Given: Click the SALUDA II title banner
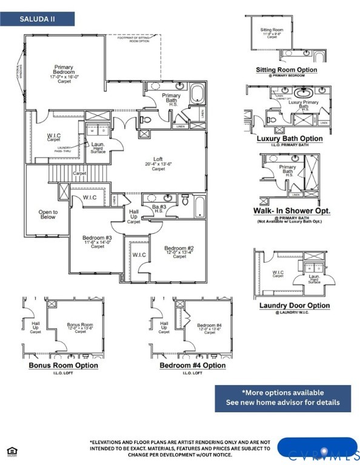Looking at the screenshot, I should (38, 19).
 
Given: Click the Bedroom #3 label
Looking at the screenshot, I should (97, 242).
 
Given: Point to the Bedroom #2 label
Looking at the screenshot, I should (179, 252).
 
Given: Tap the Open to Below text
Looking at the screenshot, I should (48, 215).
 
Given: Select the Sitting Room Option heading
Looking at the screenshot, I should (287, 70).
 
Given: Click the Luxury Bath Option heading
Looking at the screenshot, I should (289, 139).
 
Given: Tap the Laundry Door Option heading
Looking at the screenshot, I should (295, 306).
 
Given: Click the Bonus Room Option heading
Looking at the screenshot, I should (64, 366).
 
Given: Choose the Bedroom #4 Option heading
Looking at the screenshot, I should (193, 366).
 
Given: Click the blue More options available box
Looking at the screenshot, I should (282, 398).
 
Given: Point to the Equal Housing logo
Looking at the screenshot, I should (11, 450).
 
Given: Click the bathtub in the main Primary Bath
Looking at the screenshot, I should (198, 94).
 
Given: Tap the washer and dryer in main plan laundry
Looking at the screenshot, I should (96, 130).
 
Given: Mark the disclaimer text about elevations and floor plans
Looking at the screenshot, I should (180, 449).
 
